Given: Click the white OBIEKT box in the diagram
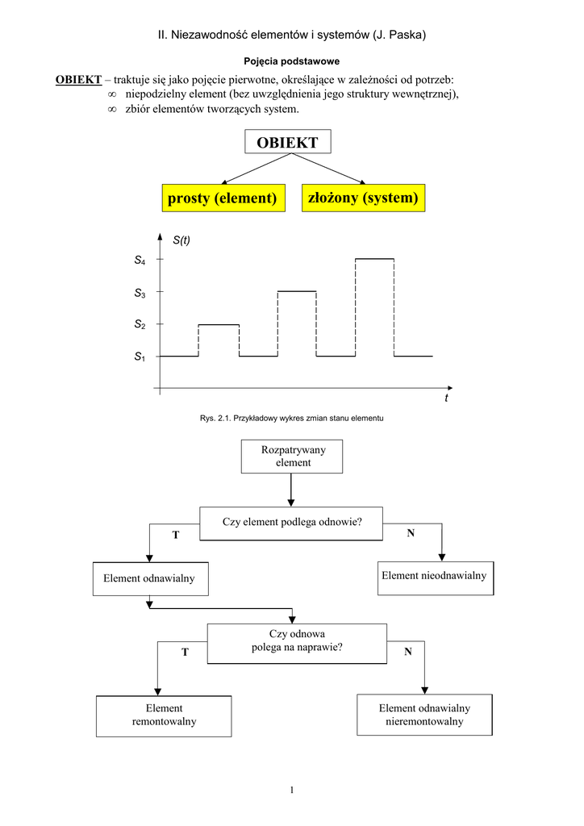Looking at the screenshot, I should pos(287,143).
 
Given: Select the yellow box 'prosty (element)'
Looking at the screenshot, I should pos(222,198).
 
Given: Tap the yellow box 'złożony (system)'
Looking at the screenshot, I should pos(363,198).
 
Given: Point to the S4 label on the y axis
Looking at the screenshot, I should pos(140,261).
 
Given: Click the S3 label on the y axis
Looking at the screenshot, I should pos(140,294).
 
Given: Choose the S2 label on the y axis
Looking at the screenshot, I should pos(140,324).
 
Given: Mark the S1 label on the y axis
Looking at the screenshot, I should pos(140,356).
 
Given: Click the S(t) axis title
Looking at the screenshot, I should pos(181,240).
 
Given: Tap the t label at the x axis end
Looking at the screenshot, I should pos(445,398).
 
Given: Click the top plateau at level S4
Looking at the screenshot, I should pos(374,259).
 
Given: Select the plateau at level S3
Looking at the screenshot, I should pos(297,291).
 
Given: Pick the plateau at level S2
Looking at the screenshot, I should pos(219,324).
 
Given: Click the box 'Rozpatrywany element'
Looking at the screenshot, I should pos(293,457).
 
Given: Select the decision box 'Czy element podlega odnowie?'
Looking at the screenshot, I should pos(292,523).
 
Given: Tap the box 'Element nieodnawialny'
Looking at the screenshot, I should pos(434,576).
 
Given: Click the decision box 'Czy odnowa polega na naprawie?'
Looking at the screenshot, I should pos(292,641).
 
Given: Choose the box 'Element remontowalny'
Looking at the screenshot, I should pos(164,715).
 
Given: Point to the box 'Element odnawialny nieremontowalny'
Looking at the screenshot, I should pos(424,715).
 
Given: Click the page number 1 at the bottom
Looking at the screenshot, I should pos(292,790).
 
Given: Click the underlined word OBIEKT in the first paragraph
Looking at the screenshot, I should pos(78,80).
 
